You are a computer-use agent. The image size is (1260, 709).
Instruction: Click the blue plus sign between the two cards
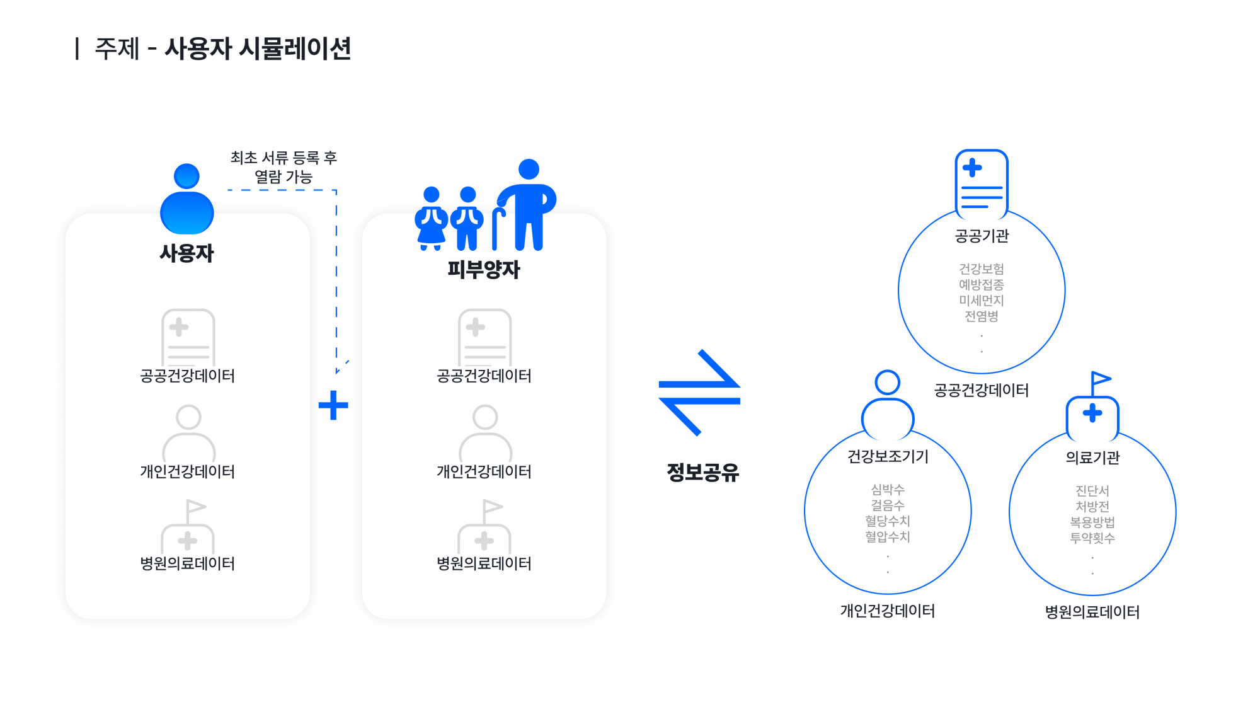(333, 405)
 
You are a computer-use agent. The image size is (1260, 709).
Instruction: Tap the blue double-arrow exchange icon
(699, 393)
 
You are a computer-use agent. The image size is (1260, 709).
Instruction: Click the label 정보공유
(702, 472)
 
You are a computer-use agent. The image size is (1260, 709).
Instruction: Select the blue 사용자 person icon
(187, 200)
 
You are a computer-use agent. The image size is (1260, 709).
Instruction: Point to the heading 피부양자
(484, 270)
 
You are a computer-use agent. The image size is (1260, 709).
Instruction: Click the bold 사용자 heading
(187, 253)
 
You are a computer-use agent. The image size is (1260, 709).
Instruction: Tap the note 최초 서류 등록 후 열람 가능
(283, 167)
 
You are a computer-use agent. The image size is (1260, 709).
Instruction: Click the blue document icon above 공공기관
(982, 183)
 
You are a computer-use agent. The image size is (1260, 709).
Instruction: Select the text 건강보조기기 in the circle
(888, 456)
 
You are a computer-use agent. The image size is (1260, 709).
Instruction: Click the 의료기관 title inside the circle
(1092, 458)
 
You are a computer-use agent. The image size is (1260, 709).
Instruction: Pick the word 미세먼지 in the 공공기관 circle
(982, 301)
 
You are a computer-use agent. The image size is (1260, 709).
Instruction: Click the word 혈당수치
(888, 521)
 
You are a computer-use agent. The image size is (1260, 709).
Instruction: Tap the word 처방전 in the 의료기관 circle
(1092, 507)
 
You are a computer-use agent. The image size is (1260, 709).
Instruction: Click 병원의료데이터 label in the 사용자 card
(187, 563)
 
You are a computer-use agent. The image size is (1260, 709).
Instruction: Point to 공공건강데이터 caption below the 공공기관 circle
(982, 391)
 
